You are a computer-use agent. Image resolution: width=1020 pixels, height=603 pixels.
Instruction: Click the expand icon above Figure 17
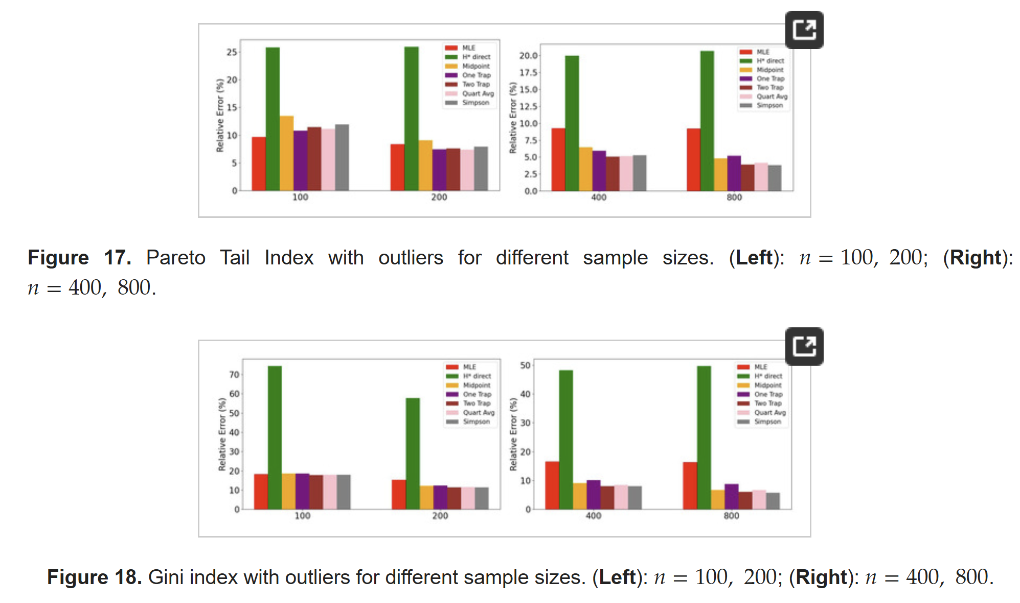coord(804,30)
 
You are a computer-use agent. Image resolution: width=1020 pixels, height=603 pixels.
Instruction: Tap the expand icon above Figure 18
coord(804,346)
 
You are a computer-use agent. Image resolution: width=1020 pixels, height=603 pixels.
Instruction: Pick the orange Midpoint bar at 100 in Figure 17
coord(286,153)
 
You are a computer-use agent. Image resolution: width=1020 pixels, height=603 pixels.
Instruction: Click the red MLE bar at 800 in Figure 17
coord(693,160)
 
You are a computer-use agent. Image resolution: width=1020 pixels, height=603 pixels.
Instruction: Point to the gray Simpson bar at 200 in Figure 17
coord(481,169)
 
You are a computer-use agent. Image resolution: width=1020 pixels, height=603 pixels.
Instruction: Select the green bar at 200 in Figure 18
coord(413,453)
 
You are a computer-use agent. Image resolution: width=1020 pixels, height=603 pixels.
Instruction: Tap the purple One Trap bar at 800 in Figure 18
coord(731,497)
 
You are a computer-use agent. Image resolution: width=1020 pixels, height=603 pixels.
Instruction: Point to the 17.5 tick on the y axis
coord(528,73)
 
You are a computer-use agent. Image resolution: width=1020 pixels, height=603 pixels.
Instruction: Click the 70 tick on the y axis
coord(234,375)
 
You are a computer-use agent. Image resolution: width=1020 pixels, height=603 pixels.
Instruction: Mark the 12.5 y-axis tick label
coord(528,106)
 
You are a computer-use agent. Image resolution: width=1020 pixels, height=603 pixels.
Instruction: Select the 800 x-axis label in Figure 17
coord(734,197)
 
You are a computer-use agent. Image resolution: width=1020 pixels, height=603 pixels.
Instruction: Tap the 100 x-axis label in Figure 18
coord(302,516)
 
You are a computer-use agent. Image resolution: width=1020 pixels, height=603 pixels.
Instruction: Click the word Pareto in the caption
coord(175,257)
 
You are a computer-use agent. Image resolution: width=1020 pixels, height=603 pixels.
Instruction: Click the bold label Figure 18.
coord(94,577)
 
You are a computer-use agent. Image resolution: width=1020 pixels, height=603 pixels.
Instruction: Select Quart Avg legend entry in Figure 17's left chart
coord(478,94)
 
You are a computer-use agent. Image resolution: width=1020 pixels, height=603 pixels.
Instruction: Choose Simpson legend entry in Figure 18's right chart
coord(767,421)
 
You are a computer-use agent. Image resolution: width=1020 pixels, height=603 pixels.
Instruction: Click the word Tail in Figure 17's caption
coord(235,257)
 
